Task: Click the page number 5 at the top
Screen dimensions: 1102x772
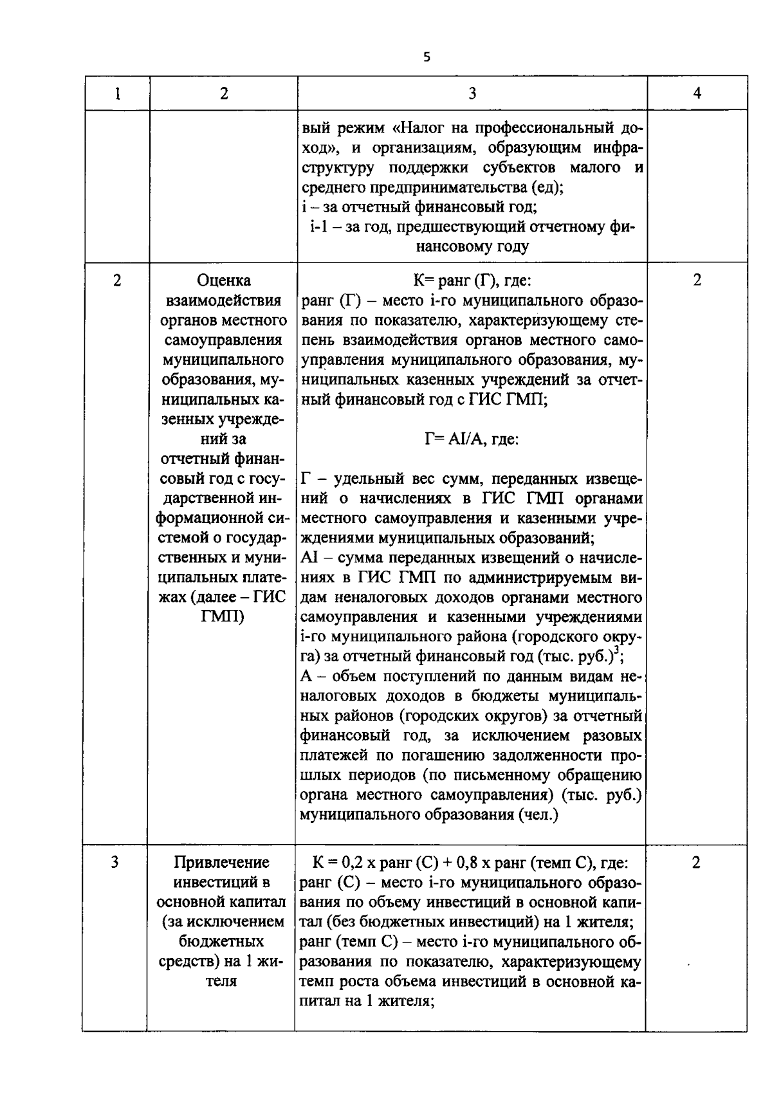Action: (x=427, y=57)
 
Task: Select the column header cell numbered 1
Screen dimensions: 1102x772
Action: (x=117, y=94)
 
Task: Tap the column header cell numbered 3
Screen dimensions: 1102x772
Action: (x=472, y=94)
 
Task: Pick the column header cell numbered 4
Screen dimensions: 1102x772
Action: (x=697, y=94)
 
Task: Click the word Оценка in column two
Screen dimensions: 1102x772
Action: (x=224, y=280)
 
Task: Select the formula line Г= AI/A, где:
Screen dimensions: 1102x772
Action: (x=472, y=439)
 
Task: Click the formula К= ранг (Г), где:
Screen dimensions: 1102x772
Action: (x=472, y=280)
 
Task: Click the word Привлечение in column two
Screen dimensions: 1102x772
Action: (x=223, y=862)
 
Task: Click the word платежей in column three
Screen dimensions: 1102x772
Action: (x=333, y=755)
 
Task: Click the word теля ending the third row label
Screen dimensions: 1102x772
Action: (x=223, y=982)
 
